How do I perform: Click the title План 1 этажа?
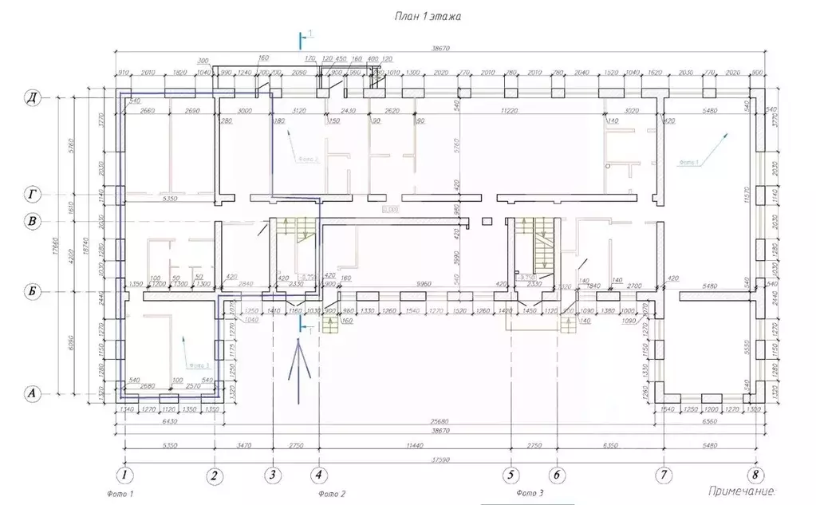(428, 15)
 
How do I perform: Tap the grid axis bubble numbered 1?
(124, 475)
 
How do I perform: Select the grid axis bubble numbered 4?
(319, 475)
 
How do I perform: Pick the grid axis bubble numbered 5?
(510, 475)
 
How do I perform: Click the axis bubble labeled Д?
(32, 98)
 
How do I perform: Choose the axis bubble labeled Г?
(32, 195)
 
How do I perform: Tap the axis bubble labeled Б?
(32, 293)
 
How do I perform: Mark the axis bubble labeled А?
(32, 393)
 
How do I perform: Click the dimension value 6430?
(169, 420)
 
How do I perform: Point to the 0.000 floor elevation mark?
(390, 211)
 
